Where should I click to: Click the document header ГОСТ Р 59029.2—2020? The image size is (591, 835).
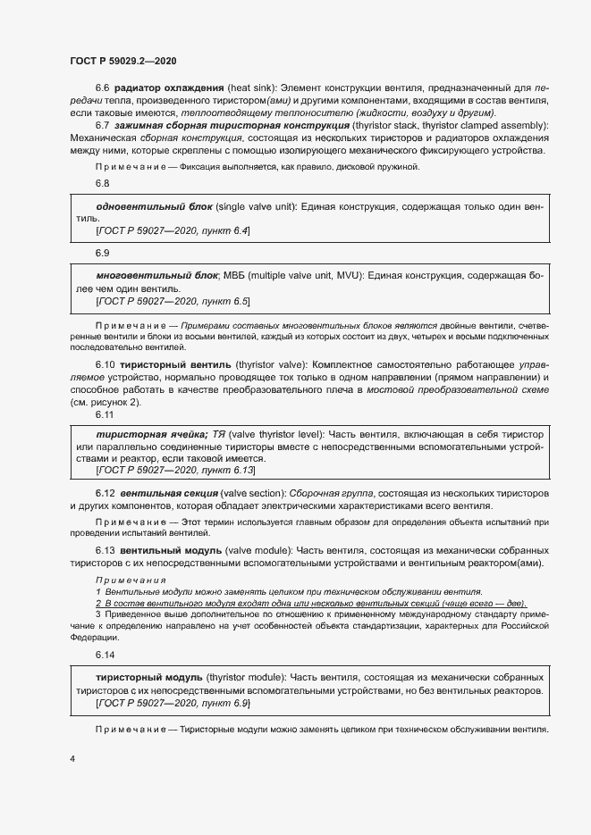[122, 61]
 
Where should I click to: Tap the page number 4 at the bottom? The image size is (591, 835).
[72, 759]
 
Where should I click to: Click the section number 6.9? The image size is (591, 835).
[102, 253]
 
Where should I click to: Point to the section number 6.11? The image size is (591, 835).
[105, 414]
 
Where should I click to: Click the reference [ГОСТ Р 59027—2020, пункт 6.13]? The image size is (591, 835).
[174, 469]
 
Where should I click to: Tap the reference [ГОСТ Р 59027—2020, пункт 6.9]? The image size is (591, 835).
[172, 704]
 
